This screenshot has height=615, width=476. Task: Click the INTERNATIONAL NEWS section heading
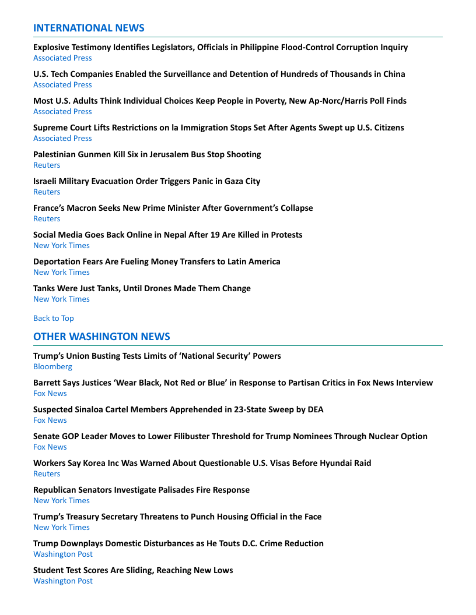tap(89, 28)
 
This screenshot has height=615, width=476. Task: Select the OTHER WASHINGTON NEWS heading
tap(101, 337)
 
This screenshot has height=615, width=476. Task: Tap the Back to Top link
tap(54, 318)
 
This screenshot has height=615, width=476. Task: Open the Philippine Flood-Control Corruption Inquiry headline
tap(220, 47)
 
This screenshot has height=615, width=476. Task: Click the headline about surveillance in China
tap(219, 74)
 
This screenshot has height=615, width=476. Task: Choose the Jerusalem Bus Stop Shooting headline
tap(147, 154)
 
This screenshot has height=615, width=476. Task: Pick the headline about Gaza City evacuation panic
tap(146, 181)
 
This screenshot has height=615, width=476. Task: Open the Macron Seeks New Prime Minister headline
tap(173, 208)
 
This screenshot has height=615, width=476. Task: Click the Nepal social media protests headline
tap(167, 235)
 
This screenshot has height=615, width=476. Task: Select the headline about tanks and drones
tap(142, 288)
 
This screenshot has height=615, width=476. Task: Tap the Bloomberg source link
tap(52, 366)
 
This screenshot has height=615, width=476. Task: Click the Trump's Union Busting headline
tap(157, 356)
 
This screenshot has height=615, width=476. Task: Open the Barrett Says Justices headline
tap(233, 383)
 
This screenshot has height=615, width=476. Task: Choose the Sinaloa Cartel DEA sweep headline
tap(178, 409)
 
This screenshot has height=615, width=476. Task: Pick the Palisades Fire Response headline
tap(141, 490)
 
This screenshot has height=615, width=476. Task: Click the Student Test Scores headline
tap(133, 570)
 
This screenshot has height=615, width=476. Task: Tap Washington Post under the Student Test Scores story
tap(63, 581)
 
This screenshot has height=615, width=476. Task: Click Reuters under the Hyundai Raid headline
tap(47, 473)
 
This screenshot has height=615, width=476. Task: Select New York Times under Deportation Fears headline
tap(61, 272)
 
